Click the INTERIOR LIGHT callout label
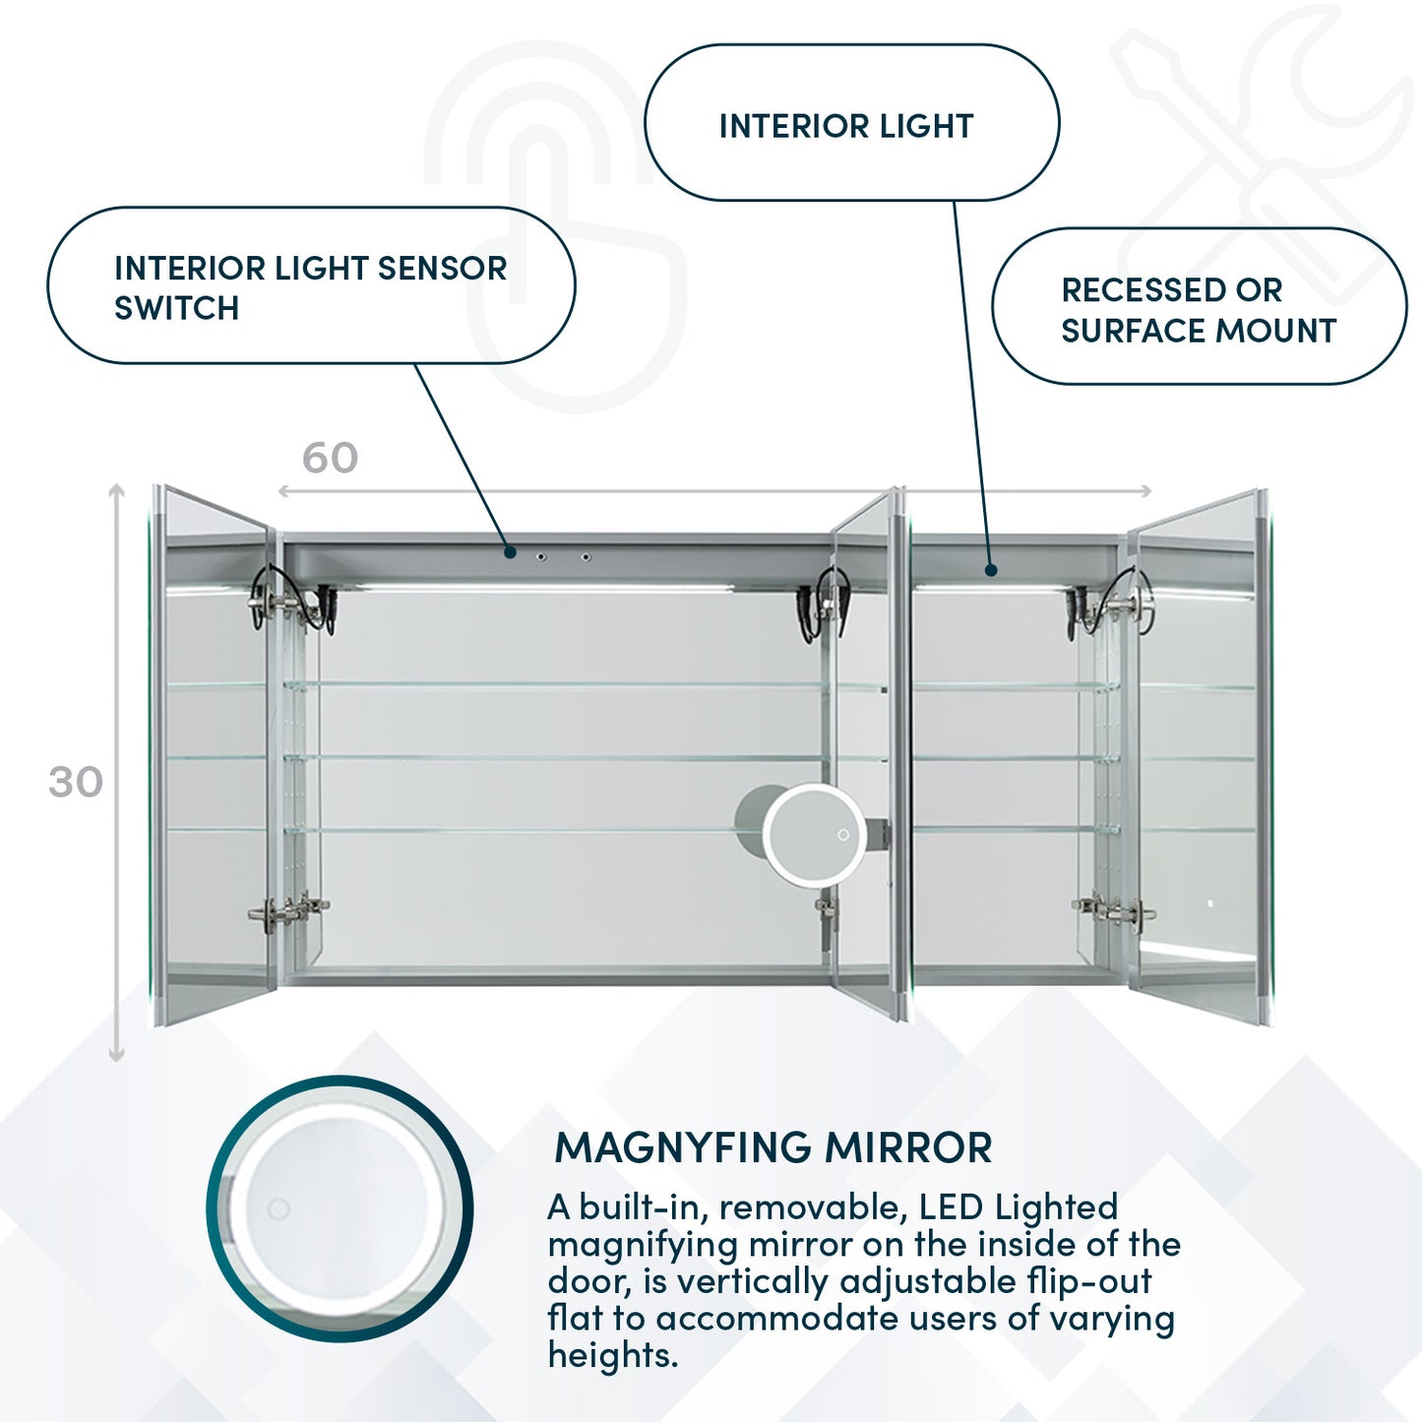[847, 126]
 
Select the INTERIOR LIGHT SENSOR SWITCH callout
[310, 286]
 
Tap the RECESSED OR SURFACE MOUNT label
[1199, 309]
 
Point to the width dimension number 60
[330, 458]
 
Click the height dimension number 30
[76, 782]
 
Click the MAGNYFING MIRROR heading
[773, 1148]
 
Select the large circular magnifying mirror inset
[340, 1207]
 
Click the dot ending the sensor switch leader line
[510, 552]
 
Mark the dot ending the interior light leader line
[991, 570]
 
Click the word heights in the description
[612, 1355]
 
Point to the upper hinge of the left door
[288, 598]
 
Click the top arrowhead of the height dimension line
[117, 488]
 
